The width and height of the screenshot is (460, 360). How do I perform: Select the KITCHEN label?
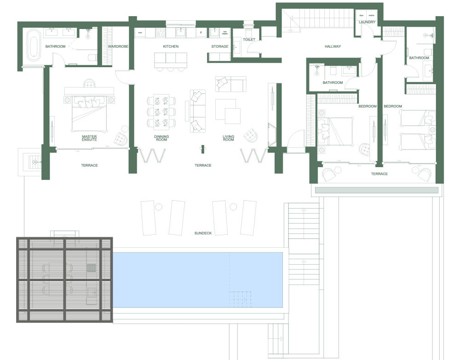(171, 46)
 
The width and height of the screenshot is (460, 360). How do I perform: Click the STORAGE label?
(220, 46)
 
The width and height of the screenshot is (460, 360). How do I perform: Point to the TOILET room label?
(249, 40)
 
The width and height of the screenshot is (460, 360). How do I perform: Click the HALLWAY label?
(333, 46)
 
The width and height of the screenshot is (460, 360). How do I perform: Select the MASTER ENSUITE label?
(89, 138)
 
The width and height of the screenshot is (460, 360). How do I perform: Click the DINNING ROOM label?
(161, 138)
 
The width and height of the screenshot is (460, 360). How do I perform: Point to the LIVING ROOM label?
(229, 138)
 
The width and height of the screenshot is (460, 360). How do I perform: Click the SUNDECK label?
(203, 233)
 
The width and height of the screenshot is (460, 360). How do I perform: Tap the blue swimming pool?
(198, 280)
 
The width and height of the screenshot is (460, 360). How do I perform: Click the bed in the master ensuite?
(90, 113)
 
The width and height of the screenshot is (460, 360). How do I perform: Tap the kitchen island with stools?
(170, 58)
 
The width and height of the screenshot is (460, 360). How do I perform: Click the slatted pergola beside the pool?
(64, 279)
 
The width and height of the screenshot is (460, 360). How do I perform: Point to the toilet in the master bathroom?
(92, 57)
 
